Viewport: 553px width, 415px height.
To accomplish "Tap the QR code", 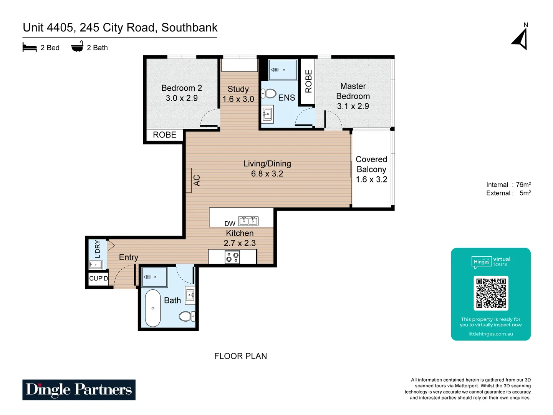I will [491, 293].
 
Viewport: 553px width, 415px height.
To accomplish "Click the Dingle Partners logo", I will [79, 390].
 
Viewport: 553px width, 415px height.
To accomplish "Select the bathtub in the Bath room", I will [153, 308].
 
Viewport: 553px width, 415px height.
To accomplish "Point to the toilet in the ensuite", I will [269, 94].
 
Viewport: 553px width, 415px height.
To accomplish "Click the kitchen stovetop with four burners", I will [232, 257].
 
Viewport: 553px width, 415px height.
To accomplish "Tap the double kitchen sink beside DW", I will [248, 221].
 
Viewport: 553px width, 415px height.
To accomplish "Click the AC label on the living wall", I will [197, 180].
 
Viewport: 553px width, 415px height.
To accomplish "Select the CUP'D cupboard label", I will [99, 278].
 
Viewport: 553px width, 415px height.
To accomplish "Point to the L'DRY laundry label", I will [97, 249].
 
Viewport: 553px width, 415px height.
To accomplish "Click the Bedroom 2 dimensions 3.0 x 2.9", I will [182, 98].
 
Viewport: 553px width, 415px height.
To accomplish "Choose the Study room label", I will [238, 89].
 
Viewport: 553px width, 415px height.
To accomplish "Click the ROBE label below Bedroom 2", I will [165, 135].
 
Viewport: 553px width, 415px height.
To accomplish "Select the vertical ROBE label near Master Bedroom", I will [308, 81].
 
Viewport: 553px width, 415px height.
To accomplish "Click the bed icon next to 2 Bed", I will [30, 48].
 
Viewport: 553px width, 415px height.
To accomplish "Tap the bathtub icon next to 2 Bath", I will [77, 47].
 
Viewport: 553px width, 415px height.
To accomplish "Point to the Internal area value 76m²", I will [523, 185].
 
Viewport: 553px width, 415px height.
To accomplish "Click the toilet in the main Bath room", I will [187, 316].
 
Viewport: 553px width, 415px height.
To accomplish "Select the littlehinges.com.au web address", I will [490, 334].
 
